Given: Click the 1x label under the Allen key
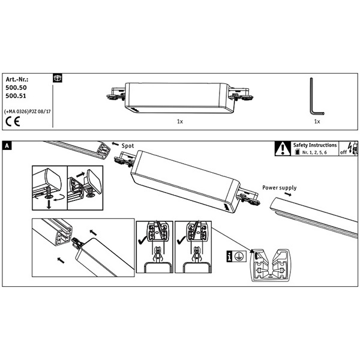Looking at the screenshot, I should (x=317, y=122).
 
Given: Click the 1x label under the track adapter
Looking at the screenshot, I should (x=179, y=122).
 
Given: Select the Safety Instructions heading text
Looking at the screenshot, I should (x=314, y=146).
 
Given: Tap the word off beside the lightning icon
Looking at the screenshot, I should (x=343, y=152).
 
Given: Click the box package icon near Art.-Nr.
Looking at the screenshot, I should (x=58, y=79).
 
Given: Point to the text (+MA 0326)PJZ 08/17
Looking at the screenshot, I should (x=27, y=111).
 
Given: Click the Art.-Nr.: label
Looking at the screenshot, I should (x=17, y=79).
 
